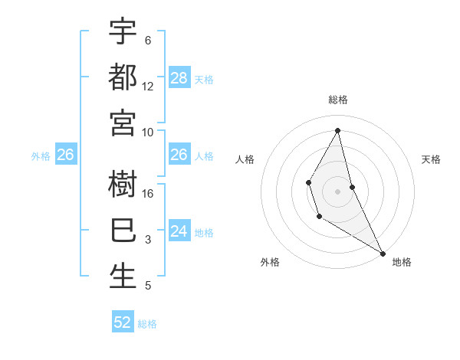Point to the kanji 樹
[123, 185]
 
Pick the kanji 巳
[123, 231]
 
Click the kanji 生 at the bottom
[123, 277]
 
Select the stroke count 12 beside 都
[148, 87]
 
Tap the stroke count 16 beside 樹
[148, 194]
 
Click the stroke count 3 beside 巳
[148, 241]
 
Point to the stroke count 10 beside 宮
[148, 133]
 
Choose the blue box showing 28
[179, 78]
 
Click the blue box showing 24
[179, 231]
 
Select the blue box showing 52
[123, 322]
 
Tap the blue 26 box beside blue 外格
[66, 155]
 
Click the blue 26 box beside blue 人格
[179, 155]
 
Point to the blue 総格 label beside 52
[147, 324]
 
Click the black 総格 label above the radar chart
[338, 100]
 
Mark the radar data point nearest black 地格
[383, 254]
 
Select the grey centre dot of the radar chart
[337, 191]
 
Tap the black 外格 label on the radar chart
[270, 263]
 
